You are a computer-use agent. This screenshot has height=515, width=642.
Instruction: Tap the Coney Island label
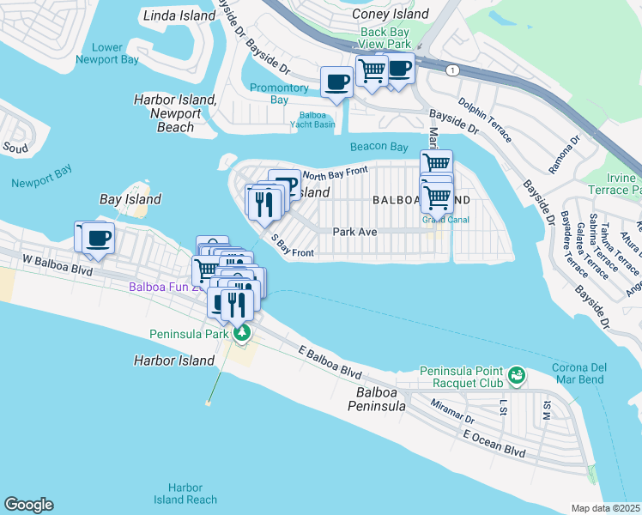[391, 14]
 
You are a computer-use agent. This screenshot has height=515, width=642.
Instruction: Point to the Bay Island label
[130, 199]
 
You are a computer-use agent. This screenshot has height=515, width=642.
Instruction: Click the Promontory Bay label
[279, 94]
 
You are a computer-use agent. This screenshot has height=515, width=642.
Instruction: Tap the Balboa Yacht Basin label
[317, 119]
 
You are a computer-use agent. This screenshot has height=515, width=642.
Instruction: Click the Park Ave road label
[355, 231]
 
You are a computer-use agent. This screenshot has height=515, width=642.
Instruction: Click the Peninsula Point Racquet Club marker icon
[516, 375]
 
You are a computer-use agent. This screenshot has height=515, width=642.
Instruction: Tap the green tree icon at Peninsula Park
[242, 332]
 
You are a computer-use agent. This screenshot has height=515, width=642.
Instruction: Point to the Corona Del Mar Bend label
[573, 373]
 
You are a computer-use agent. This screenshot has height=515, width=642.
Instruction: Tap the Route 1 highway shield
[451, 68]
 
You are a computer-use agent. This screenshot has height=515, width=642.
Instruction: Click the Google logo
[28, 505]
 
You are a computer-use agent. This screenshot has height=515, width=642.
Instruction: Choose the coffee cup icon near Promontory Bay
[336, 82]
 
